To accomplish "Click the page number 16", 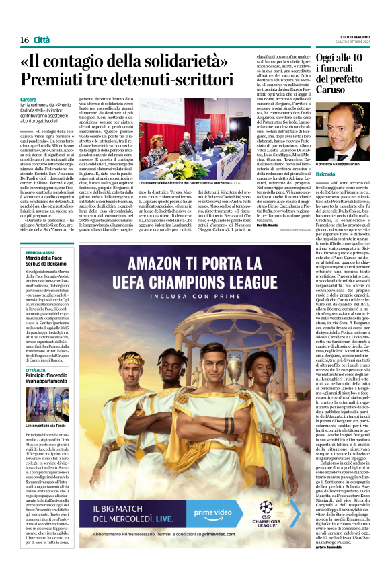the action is pos(24,40).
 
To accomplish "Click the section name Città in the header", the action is pos(42,40).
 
